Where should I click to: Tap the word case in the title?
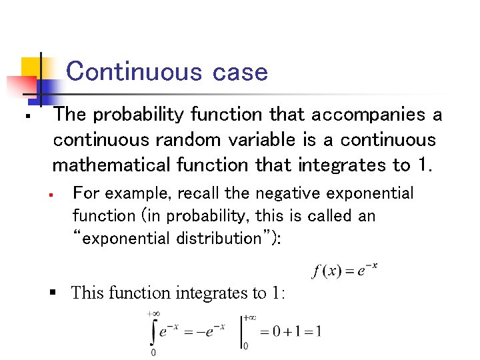[x=240, y=72]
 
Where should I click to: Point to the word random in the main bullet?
[x=211, y=140]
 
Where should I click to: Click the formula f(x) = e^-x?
[x=345, y=271]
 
